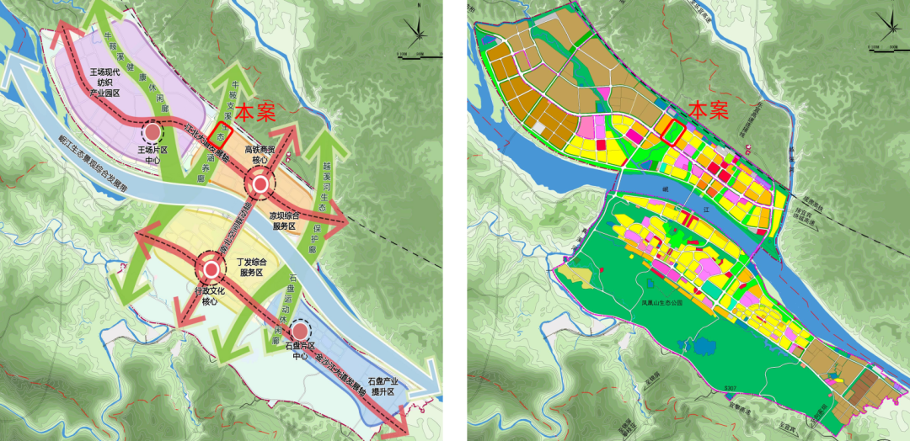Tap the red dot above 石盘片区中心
(x=299, y=332)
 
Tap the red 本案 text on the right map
(x=708, y=109)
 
